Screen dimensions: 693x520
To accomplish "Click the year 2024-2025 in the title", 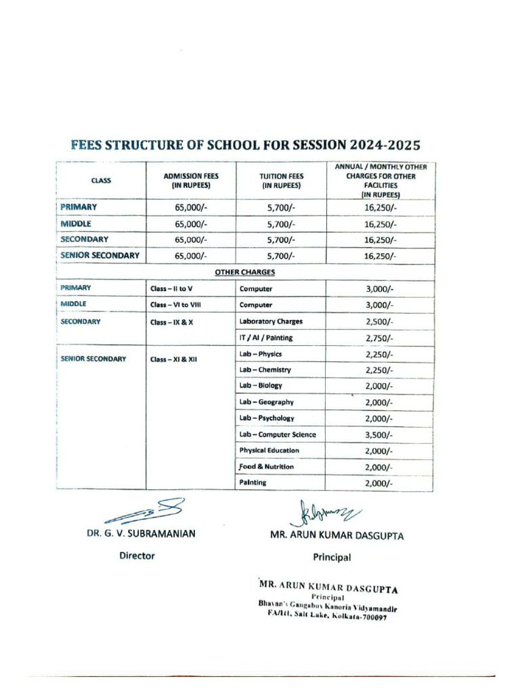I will (x=384, y=145).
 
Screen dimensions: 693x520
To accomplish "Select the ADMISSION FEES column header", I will (x=191, y=180).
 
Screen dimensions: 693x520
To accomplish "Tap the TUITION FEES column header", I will (x=282, y=180).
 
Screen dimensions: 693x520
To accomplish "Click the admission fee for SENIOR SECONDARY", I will (x=191, y=256).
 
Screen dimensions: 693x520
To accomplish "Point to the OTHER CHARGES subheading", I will (x=244, y=272).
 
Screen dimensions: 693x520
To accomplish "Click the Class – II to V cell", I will (x=171, y=289).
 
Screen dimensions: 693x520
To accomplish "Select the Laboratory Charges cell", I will (x=271, y=321).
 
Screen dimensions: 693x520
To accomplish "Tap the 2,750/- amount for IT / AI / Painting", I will (x=379, y=338).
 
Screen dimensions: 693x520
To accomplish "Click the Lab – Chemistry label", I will (x=265, y=370).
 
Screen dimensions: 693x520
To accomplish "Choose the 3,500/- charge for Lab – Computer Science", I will (x=379, y=435).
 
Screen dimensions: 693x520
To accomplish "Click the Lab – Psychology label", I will (x=267, y=418).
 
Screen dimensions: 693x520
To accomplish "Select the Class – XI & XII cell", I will (x=173, y=359).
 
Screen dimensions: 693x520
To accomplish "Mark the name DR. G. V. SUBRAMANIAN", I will (x=141, y=533).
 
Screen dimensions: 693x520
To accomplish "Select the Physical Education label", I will (x=269, y=451).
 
